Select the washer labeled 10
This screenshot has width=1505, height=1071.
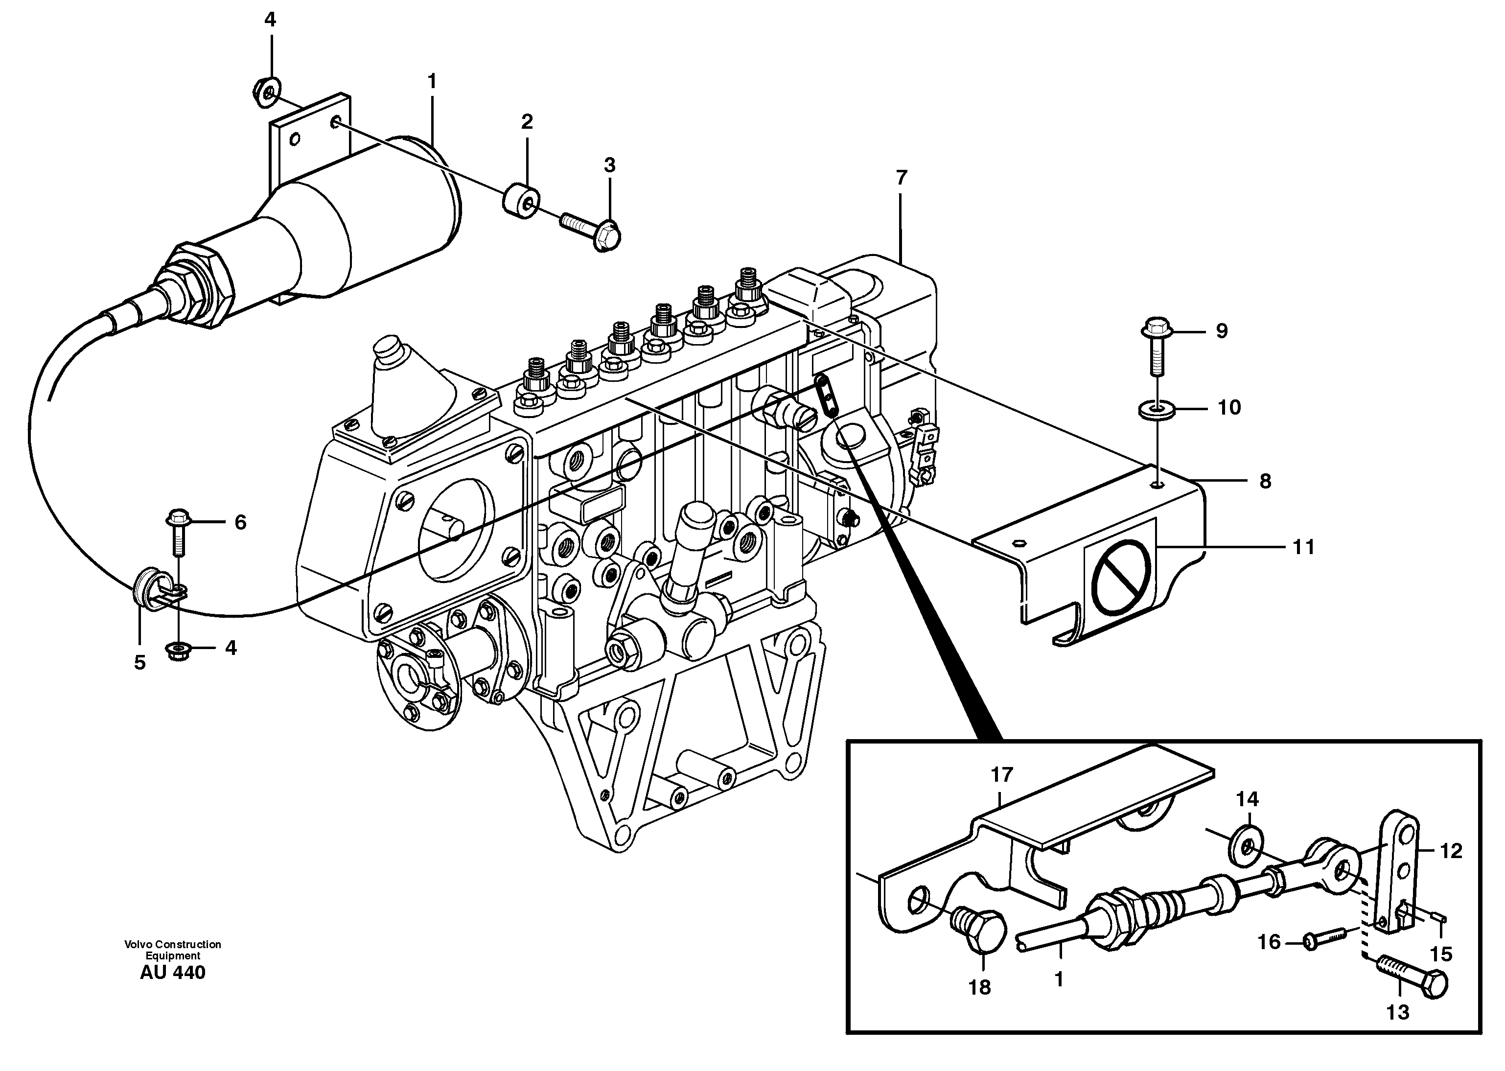tap(1156, 410)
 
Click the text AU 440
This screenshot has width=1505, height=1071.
tap(172, 973)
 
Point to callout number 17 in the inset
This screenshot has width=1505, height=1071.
tap(1001, 774)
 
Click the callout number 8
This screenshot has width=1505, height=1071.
tap(1264, 482)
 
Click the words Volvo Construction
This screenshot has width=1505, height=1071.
tap(172, 944)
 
